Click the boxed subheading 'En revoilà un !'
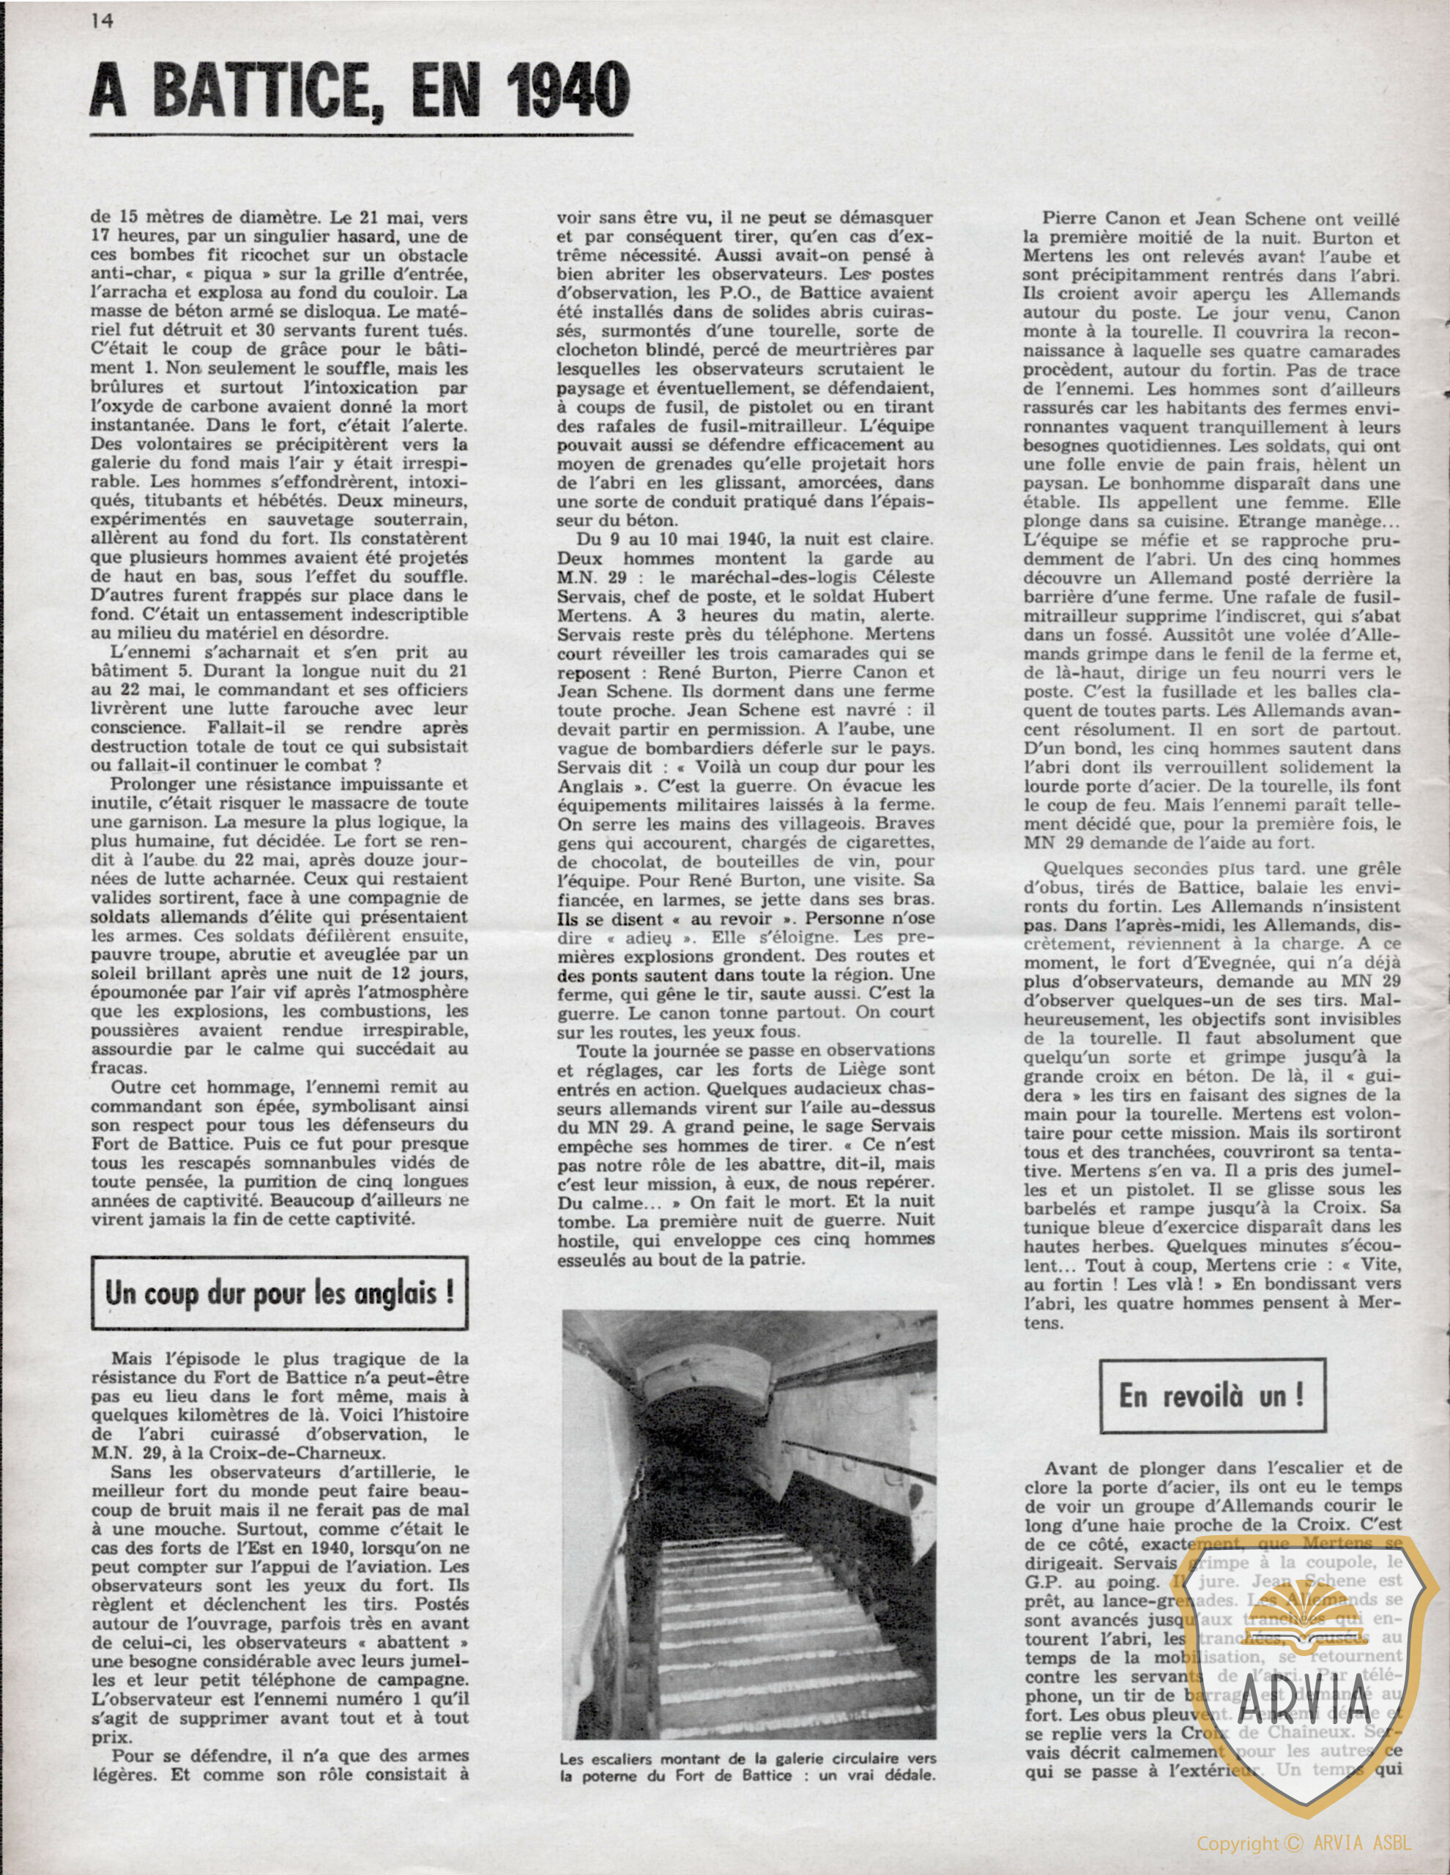pos(1210,1395)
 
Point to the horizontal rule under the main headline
pos(360,135)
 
